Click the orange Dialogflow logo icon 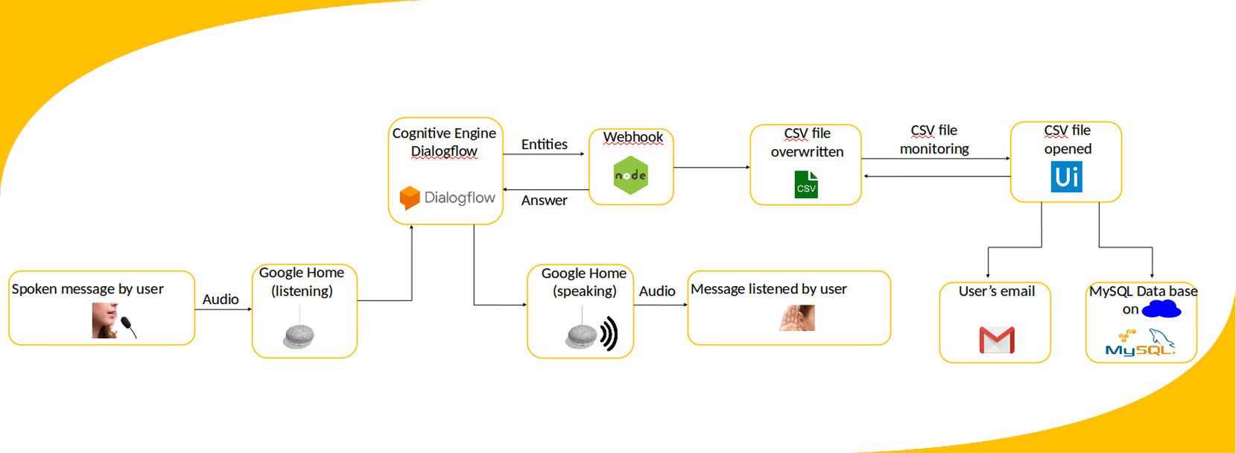coord(410,197)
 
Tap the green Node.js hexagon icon coord(631,176)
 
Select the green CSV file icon coord(806,185)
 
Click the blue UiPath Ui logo coord(1066,177)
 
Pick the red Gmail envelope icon coord(997,340)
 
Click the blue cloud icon coord(1161,308)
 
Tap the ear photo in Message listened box coord(797,318)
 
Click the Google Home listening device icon coord(300,336)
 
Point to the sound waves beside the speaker coord(609,333)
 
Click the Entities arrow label coord(544,145)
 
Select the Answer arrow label coord(544,200)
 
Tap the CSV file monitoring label coord(934,139)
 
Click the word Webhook coord(633,137)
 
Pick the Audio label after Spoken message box coord(221,300)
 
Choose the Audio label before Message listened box coord(657,291)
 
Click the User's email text coord(996,291)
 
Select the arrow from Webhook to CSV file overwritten coord(712,168)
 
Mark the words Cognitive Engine coord(444,133)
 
